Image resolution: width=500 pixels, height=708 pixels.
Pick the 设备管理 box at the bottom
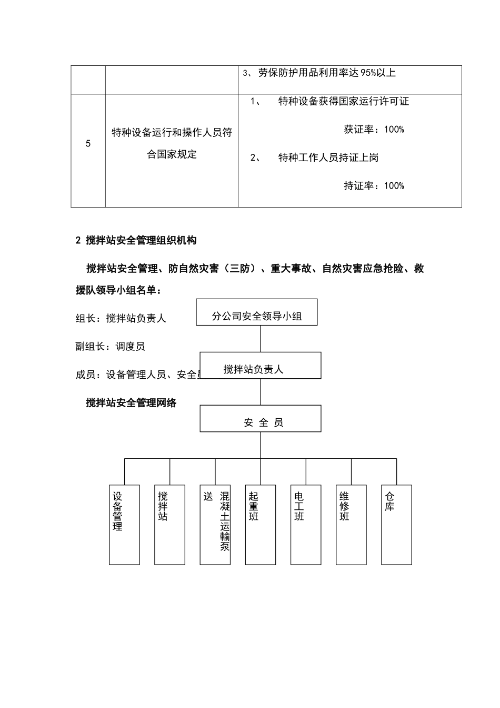(124, 525)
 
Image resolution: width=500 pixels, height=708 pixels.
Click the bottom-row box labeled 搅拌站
(169, 525)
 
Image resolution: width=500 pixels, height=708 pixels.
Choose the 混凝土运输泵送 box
(215, 525)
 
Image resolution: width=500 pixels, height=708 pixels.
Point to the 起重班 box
(261, 525)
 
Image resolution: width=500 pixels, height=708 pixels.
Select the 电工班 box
(306, 525)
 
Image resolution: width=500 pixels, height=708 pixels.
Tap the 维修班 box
(351, 525)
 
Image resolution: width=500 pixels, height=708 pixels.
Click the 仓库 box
(396, 525)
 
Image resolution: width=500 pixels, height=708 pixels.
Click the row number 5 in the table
(88, 144)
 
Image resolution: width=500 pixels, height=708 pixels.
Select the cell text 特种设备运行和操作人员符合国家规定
(172, 143)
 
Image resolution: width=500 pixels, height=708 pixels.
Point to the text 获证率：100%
(374, 130)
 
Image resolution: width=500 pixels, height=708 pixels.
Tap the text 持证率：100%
(374, 185)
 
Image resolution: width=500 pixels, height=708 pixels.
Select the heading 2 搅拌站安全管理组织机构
(136, 240)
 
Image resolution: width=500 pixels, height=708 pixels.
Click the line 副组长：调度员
(111, 346)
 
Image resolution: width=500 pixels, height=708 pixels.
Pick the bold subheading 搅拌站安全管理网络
(132, 403)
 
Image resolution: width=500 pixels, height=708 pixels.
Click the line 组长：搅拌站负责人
(121, 318)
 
